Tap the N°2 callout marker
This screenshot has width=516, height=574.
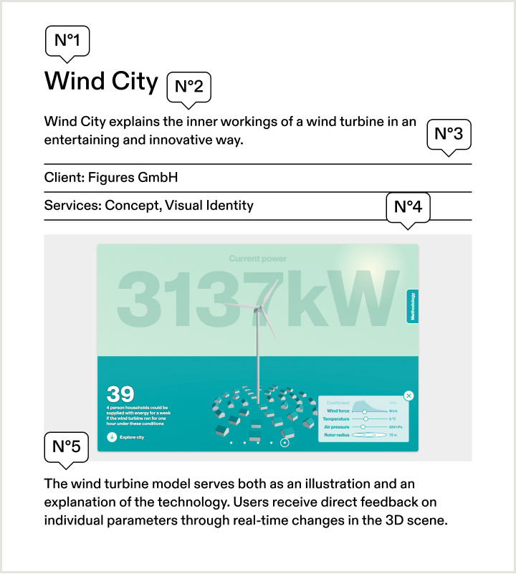(189, 87)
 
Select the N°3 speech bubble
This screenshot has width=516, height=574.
(449, 134)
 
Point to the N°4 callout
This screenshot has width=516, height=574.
(408, 208)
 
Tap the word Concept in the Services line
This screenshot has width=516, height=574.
(131, 206)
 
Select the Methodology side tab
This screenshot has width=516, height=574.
(413, 306)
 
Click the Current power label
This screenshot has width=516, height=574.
(258, 259)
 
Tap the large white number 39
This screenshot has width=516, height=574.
(120, 394)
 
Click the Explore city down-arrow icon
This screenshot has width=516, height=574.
(112, 436)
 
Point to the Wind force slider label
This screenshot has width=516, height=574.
(338, 411)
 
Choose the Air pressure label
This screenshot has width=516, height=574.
(337, 427)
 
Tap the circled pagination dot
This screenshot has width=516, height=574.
(285, 443)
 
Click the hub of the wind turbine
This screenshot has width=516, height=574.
(257, 309)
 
